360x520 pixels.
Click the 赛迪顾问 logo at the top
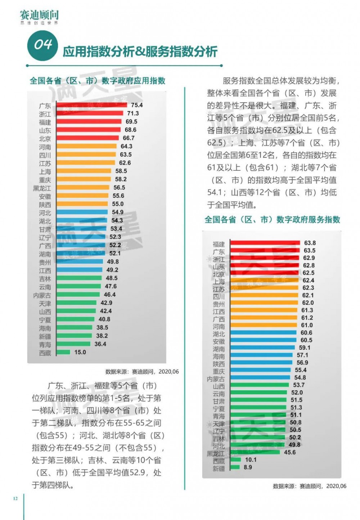click(39, 17)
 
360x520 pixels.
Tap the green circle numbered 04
click(42, 45)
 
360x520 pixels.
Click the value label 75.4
click(137, 105)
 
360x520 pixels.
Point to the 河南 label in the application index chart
click(45, 147)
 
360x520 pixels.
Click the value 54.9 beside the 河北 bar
click(118, 212)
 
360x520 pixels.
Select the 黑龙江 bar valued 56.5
click(83, 188)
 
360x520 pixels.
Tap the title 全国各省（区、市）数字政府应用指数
click(97, 81)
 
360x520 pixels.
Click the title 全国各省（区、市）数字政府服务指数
click(272, 219)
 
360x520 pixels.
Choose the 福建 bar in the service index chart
click(265, 243)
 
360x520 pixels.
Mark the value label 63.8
click(310, 243)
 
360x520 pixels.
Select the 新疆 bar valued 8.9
click(235, 467)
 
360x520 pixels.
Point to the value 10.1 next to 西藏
click(251, 460)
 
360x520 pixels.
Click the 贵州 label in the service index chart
click(219, 304)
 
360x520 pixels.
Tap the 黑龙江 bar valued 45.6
click(255, 452)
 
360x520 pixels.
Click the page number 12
click(15, 498)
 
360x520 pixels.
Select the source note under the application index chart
click(142, 372)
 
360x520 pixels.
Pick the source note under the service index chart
click(310, 486)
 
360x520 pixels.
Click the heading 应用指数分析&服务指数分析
click(140, 51)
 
